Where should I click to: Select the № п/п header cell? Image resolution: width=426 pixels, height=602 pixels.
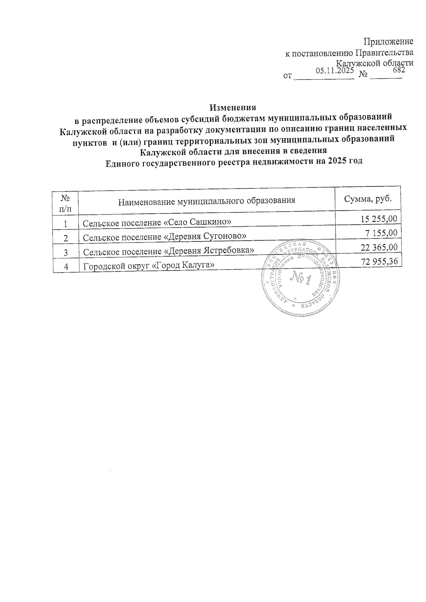pos(65,202)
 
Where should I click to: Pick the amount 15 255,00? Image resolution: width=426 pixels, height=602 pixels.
pos(379,219)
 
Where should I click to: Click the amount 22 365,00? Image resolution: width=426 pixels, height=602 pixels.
pos(379,247)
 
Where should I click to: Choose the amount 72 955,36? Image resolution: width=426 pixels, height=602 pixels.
pos(379,261)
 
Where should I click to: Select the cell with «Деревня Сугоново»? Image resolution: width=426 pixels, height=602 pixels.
pos(164,237)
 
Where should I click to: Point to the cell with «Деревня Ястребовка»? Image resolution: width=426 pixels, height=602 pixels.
pos(168,251)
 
